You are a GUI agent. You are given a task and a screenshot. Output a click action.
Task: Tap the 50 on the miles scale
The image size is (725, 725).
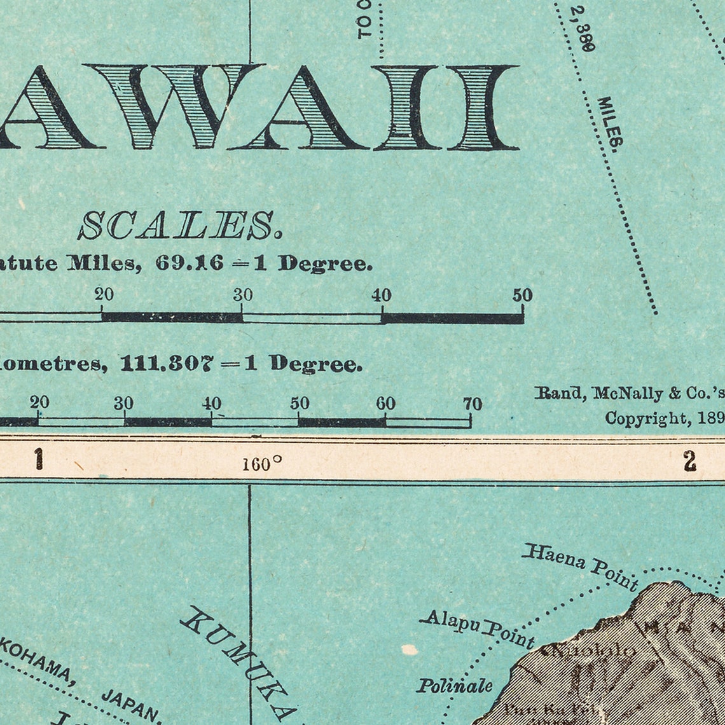pyautogui.click(x=522, y=295)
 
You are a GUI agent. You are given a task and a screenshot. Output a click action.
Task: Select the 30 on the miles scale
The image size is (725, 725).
pyautogui.click(x=242, y=295)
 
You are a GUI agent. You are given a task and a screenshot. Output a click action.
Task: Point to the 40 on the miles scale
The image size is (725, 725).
pyautogui.click(x=382, y=295)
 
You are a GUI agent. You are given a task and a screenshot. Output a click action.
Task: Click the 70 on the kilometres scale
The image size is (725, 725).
pyautogui.click(x=472, y=404)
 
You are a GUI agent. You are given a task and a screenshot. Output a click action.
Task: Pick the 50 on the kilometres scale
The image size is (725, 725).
pyautogui.click(x=300, y=404)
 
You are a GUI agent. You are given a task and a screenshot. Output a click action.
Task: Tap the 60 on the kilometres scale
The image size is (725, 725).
pyautogui.click(x=385, y=404)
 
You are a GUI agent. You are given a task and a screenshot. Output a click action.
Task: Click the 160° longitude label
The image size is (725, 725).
pyautogui.click(x=261, y=464)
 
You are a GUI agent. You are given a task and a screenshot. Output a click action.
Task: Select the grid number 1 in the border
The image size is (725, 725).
pyautogui.click(x=39, y=459)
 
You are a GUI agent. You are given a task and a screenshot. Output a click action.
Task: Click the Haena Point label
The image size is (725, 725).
pyautogui.click(x=579, y=565)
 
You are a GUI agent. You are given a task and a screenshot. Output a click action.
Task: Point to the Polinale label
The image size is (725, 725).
pyautogui.click(x=454, y=686)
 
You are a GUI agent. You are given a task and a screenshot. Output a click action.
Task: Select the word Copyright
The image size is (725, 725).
pyautogui.click(x=645, y=418)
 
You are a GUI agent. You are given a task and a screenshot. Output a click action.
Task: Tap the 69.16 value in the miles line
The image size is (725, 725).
pyautogui.click(x=189, y=263)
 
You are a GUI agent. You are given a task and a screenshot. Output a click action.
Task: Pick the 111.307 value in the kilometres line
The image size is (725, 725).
pyautogui.click(x=167, y=364)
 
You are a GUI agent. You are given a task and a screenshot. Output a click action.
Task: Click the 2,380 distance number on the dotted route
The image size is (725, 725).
pyautogui.click(x=582, y=29)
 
